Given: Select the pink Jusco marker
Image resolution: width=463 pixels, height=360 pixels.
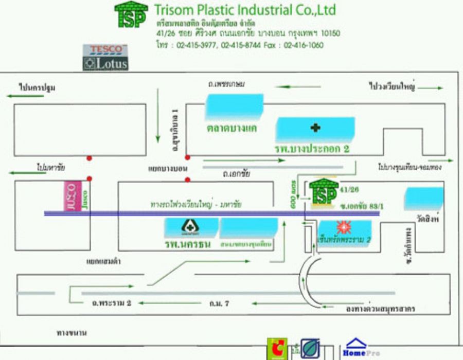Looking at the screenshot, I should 72,196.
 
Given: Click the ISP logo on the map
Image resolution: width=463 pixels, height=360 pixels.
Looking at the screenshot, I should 324,193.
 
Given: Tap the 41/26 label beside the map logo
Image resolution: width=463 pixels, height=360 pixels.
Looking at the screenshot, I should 346,190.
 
